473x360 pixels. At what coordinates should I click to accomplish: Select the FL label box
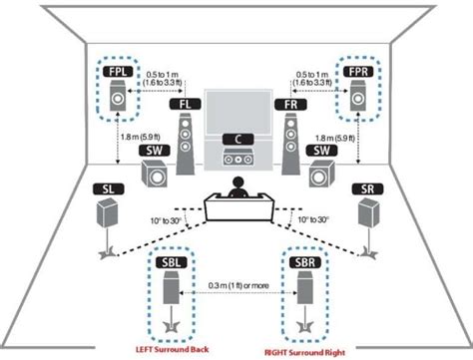[185, 103]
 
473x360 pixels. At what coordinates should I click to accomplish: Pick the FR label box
[288, 103]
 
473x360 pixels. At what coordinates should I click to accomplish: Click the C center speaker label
[237, 139]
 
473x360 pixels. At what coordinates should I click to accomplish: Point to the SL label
[108, 187]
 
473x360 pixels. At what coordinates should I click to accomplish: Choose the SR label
[367, 187]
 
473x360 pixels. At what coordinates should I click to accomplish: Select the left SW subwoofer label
[155, 149]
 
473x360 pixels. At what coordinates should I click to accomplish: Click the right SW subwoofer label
[319, 149]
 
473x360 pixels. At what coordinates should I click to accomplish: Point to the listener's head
[237, 185]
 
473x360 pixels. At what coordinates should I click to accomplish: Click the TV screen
[237, 110]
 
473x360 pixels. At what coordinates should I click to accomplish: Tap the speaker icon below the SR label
[368, 215]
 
